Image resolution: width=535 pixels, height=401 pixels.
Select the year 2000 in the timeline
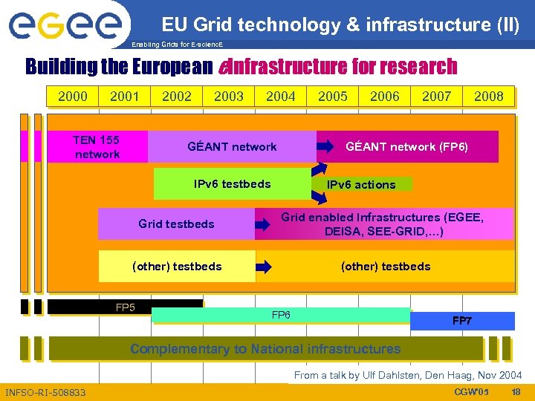(72, 96)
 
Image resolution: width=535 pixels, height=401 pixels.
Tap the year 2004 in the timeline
(280, 96)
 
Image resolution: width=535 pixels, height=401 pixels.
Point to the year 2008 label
(488, 96)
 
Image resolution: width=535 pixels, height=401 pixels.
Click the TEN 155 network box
(97, 146)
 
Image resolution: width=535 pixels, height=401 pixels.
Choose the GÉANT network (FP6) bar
(406, 146)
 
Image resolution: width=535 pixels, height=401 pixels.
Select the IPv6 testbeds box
(232, 184)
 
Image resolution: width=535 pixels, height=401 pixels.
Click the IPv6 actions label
(361, 185)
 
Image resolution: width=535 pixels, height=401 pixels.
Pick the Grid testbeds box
(176, 224)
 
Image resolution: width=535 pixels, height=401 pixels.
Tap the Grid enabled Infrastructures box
(382, 224)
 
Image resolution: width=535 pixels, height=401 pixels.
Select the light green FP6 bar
(280, 316)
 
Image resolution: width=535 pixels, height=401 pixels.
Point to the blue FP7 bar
(462, 321)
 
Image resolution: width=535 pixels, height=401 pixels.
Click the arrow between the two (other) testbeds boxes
(264, 267)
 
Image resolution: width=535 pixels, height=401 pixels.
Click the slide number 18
(516, 391)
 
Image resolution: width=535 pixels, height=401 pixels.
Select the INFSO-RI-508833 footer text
(45, 391)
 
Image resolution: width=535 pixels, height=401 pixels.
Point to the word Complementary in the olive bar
(169, 349)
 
